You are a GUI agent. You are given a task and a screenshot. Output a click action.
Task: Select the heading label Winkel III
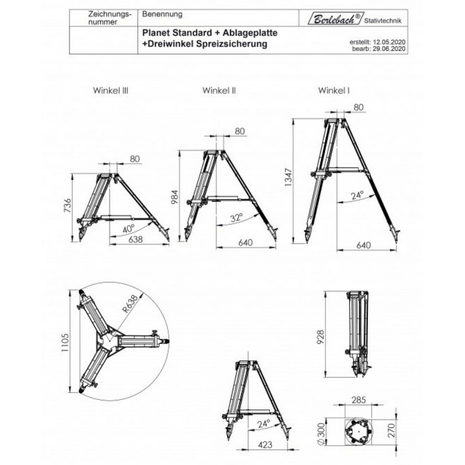[x=109, y=91]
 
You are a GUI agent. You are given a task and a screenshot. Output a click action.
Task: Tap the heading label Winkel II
[x=219, y=91]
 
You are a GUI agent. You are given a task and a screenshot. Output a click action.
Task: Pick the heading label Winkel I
[x=334, y=91]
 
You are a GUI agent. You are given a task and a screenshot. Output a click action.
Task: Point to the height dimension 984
[x=173, y=198]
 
